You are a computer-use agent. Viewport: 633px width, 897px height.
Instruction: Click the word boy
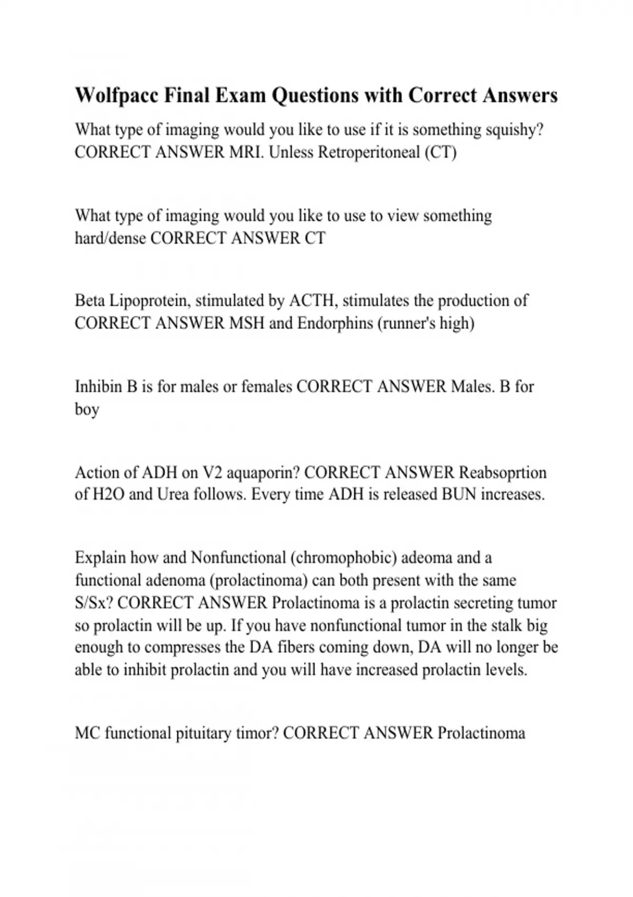click(x=87, y=410)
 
